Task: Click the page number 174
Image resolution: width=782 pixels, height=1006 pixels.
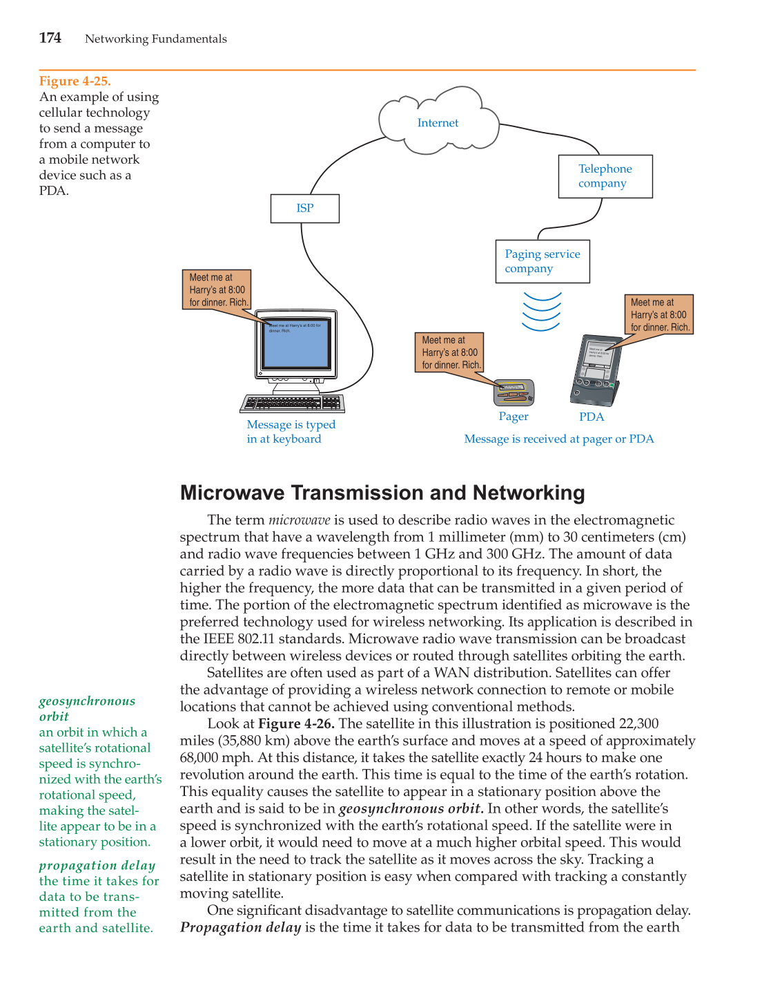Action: pos(50,38)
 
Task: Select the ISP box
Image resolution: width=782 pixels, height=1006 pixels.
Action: pos(304,208)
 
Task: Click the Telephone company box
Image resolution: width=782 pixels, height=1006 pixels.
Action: pos(605,176)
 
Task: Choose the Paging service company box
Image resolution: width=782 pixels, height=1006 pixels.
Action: pos(542,261)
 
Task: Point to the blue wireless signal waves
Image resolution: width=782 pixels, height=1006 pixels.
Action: pos(542,311)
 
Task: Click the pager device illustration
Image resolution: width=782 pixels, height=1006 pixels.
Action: pos(514,392)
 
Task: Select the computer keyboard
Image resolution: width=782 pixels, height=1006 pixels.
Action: pos(293,403)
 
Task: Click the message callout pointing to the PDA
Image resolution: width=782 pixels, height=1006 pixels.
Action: pos(659,314)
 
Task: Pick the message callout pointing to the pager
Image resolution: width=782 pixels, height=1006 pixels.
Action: pos(450,352)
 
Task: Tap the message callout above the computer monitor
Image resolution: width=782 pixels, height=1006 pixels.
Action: pos(217,290)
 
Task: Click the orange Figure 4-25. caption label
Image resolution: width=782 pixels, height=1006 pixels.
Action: pos(75,81)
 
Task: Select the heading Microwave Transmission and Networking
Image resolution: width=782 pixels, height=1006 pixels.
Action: pos(382,493)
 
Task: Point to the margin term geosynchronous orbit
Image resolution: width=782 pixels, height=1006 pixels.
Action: pos(87,708)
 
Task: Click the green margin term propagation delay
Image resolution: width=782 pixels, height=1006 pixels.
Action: pos(97,865)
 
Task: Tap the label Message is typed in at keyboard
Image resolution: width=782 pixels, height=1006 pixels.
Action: pos(291,432)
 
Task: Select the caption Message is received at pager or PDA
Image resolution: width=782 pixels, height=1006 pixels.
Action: pos(558,439)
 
